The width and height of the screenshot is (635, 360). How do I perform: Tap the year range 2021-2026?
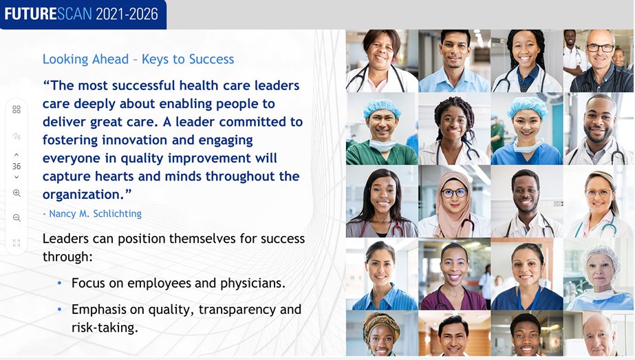(127, 13)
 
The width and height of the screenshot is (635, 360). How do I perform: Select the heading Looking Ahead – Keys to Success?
(138, 59)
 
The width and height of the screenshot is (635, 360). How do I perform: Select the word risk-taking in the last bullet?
(105, 327)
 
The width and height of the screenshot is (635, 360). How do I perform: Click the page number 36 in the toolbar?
(17, 167)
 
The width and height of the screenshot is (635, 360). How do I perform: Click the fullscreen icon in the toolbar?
(17, 242)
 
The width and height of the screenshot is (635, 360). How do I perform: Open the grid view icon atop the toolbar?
(17, 109)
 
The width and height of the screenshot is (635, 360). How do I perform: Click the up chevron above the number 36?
(17, 155)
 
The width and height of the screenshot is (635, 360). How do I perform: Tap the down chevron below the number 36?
(17, 178)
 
